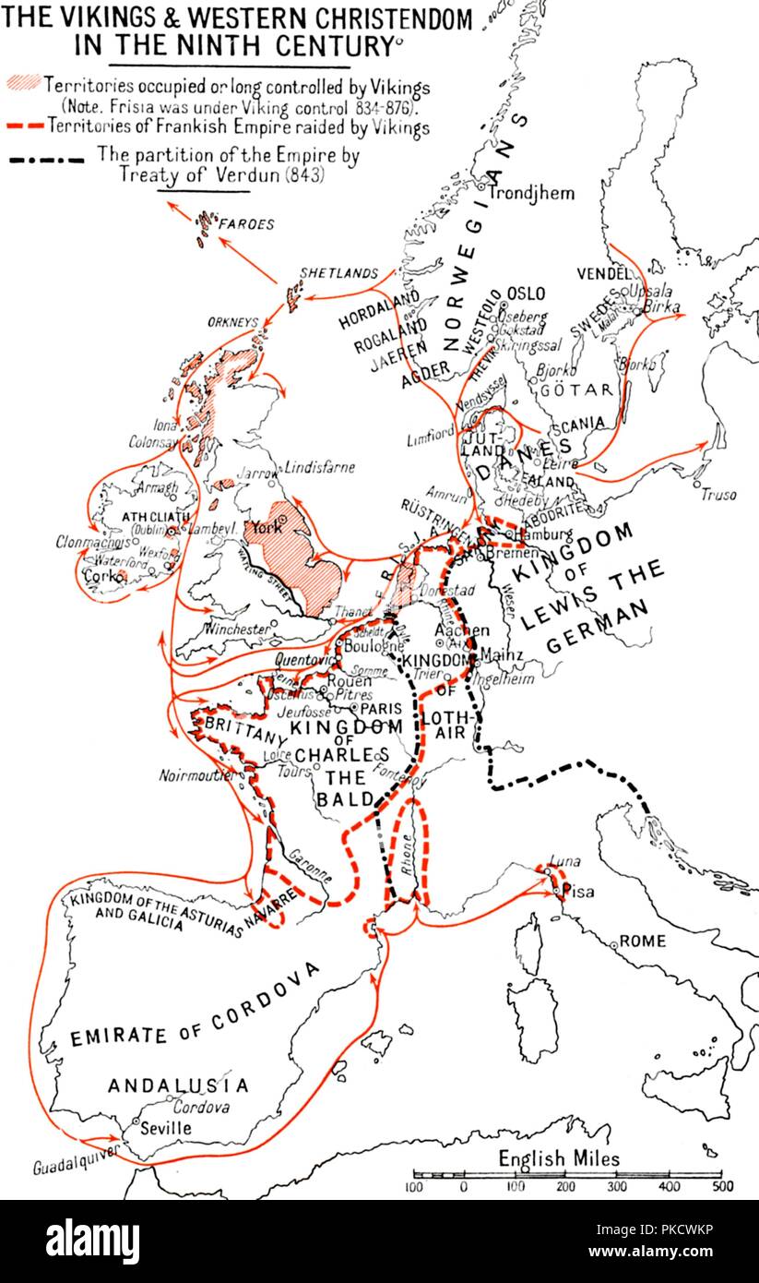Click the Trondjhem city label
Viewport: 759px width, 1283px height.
(x=532, y=193)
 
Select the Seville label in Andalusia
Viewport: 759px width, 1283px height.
(x=167, y=1128)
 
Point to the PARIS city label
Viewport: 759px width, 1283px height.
(x=381, y=708)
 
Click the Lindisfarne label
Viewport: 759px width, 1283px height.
(x=319, y=467)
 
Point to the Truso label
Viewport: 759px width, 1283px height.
(x=718, y=495)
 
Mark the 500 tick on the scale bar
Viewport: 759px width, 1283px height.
(x=720, y=1187)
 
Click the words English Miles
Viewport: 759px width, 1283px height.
(x=559, y=1158)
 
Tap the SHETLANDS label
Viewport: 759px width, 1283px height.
(x=338, y=273)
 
